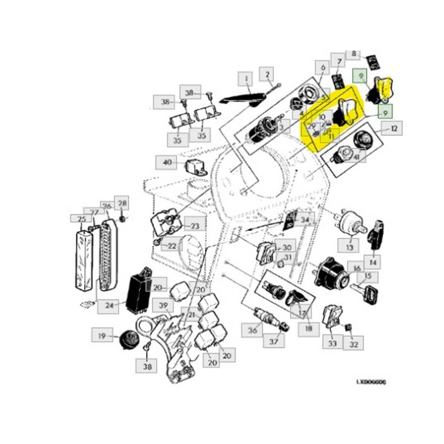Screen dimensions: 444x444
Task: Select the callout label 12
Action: point(395,129)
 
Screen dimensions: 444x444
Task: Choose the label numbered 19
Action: point(101,336)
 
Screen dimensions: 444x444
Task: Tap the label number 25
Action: point(80,220)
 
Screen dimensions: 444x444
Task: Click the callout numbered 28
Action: point(122,204)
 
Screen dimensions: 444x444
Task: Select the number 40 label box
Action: point(167,163)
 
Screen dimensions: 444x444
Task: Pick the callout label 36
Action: point(252,330)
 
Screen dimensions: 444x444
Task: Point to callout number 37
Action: point(274,343)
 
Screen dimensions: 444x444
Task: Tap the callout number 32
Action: point(354,344)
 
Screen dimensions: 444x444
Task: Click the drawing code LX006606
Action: point(370,382)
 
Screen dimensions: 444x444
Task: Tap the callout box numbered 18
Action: point(309,329)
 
